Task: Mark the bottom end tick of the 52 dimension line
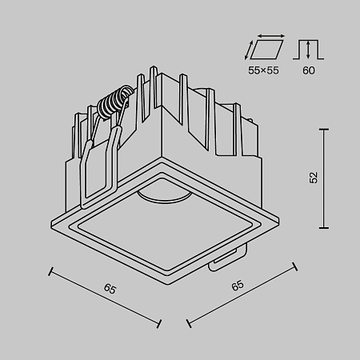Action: coord(326,227)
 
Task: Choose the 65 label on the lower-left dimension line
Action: coord(110,288)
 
